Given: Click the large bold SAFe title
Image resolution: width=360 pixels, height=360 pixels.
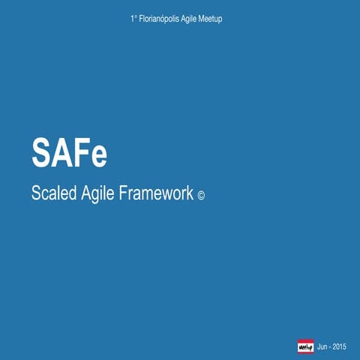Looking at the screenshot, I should [69, 153].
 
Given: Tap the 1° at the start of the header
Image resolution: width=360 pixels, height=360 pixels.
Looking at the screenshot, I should [133, 18].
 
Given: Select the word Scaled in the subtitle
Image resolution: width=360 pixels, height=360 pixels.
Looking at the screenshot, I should [52, 193].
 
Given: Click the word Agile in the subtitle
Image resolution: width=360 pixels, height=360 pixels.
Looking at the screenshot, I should [97, 193].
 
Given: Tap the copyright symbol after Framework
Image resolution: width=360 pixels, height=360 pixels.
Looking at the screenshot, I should [200, 196].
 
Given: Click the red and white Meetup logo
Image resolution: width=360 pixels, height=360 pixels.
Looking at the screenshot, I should [305, 346].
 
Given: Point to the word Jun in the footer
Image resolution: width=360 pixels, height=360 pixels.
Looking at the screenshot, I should [322, 346].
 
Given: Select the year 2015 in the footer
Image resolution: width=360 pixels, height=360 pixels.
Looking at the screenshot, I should [339, 346].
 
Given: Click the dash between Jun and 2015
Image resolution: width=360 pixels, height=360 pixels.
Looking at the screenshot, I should [330, 346].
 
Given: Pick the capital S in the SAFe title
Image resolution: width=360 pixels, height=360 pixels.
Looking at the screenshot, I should [41, 153].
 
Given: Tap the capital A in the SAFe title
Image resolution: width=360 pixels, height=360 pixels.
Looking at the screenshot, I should [61, 153].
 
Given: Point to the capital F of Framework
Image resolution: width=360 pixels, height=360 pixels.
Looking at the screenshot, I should [124, 193].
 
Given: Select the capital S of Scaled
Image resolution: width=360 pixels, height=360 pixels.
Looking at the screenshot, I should [36, 193].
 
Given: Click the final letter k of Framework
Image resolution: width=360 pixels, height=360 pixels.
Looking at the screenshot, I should [190, 193].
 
